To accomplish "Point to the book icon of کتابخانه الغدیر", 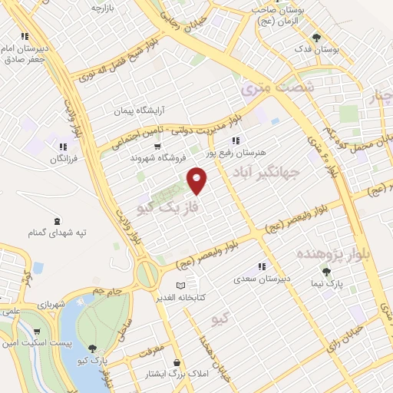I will click(180, 286).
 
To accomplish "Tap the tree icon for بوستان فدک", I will click(315, 37).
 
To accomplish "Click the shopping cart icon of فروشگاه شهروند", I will click(157, 146).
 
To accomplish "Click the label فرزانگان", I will click(64, 159).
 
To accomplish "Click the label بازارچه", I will click(107, 8).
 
